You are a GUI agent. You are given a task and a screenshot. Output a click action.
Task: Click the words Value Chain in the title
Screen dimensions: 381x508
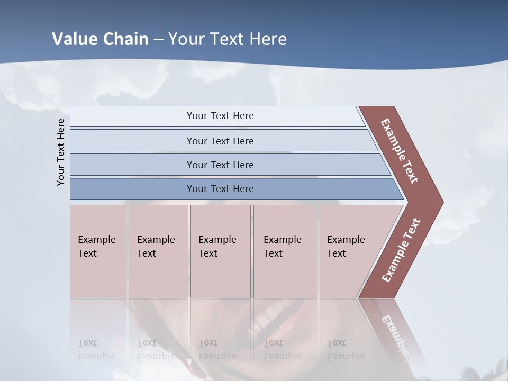tap(100, 39)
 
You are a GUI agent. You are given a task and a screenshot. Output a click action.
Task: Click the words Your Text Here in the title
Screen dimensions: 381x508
tap(228, 39)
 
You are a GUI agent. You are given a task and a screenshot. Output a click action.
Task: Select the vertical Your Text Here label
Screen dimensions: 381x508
tap(61, 152)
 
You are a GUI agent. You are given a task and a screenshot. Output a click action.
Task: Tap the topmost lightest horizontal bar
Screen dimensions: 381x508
tap(220, 116)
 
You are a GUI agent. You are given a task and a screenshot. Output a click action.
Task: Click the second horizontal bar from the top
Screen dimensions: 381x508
tap(220, 141)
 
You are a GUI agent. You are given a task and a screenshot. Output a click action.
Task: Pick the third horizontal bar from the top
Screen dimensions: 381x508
tap(220, 165)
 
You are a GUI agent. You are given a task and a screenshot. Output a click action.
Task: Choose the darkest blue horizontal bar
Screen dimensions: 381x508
tap(220, 189)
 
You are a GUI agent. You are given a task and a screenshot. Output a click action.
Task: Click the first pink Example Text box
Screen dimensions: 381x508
tap(98, 251)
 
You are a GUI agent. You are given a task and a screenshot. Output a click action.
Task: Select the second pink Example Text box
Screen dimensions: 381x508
tap(158, 251)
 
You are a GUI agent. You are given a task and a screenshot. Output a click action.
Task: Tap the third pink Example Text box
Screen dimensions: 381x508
tap(220, 251)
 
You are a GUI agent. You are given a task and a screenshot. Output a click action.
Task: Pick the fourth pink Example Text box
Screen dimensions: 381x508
tap(285, 251)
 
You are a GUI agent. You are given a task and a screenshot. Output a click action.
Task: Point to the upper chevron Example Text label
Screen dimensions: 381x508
tap(400, 151)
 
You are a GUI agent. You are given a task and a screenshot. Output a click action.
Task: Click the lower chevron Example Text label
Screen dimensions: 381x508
tap(401, 250)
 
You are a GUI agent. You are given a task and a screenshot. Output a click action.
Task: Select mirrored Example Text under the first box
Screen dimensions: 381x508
tap(97, 350)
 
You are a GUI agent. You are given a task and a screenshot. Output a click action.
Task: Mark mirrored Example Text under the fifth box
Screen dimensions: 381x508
tap(346, 350)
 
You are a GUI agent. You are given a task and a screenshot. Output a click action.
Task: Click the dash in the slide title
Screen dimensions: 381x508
tap(158, 40)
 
